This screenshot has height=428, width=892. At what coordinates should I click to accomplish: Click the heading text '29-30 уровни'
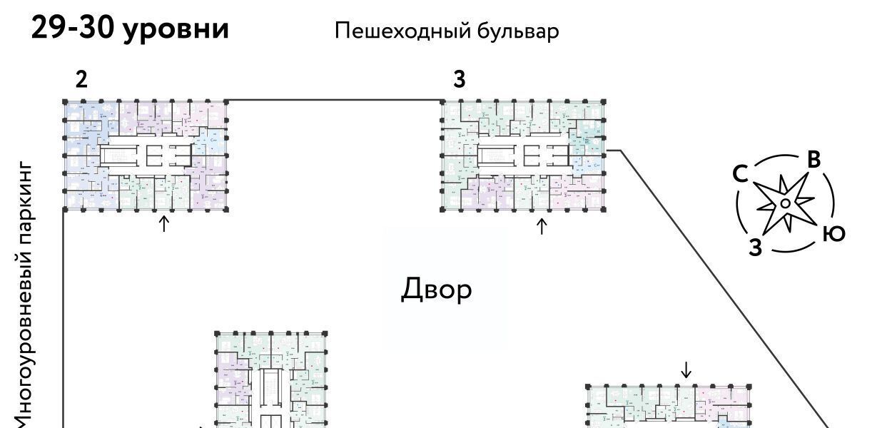click(x=131, y=29)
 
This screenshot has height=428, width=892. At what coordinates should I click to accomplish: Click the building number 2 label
click(x=81, y=80)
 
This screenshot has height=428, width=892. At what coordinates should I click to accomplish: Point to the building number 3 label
click(x=460, y=80)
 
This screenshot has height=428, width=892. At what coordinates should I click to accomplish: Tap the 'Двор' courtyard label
click(x=436, y=290)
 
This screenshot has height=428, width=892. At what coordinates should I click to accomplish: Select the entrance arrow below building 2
click(x=163, y=224)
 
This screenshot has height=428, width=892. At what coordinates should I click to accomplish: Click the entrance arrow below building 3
click(x=542, y=227)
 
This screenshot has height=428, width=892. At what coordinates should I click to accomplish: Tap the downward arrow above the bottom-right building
click(x=686, y=370)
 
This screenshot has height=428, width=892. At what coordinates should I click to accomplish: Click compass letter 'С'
click(x=740, y=173)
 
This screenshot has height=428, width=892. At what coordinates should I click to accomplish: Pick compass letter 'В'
click(x=814, y=160)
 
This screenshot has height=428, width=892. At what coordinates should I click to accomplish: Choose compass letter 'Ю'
click(x=833, y=233)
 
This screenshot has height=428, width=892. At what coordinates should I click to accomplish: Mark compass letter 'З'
click(x=756, y=248)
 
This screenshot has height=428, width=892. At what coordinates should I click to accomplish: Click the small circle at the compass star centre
click(x=784, y=203)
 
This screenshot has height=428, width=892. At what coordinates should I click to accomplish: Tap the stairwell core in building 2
click(x=123, y=155)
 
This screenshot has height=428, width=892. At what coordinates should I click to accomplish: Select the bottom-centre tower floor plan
click(x=271, y=382)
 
